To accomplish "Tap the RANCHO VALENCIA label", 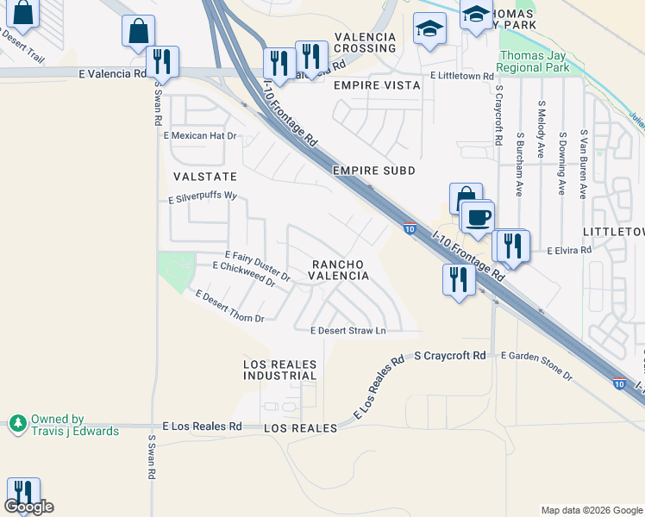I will pyautogui.click(x=340, y=270).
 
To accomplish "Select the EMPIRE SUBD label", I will pyautogui.click(x=374, y=171).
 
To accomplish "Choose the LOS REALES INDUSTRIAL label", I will pyautogui.click(x=280, y=371).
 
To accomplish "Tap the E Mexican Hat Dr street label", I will pyautogui.click(x=199, y=136).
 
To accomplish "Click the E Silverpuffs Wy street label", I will pyautogui.click(x=202, y=196).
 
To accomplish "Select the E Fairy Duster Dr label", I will pyautogui.click(x=257, y=261).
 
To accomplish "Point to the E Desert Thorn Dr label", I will pyautogui.click(x=229, y=307).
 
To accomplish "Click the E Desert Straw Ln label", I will pyautogui.click(x=348, y=330).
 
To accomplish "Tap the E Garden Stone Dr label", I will pyautogui.click(x=535, y=365).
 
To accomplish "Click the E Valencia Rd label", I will pyautogui.click(x=112, y=74).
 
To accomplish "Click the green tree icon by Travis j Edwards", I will pyautogui.click(x=17, y=423).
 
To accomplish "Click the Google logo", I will pyautogui.click(x=28, y=507).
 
